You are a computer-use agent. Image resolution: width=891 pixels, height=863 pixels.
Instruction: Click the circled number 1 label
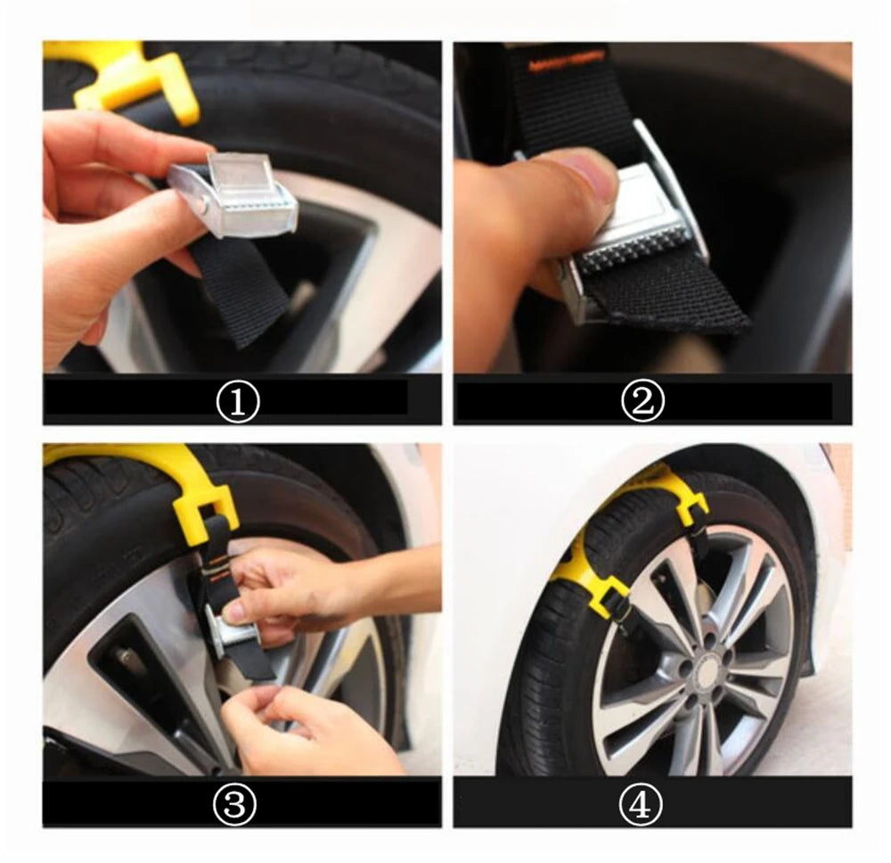coord(238,403)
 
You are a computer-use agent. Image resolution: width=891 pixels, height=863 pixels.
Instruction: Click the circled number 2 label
coord(642,403)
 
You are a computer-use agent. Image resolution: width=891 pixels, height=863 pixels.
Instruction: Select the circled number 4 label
coord(642,805)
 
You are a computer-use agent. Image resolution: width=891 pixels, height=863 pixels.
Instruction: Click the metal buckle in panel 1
coord(241,196)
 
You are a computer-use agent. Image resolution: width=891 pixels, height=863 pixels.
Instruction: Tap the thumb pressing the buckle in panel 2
coord(570,183)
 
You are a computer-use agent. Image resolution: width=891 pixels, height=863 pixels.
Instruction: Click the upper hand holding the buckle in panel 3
coord(285,588)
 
